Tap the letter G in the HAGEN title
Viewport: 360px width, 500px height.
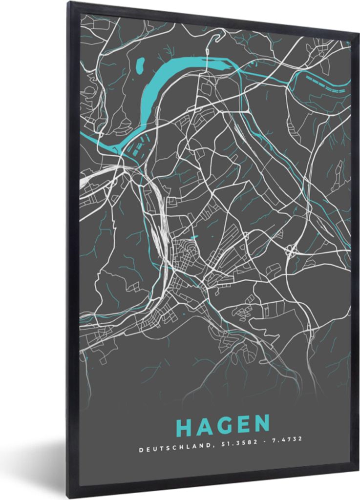(223, 425)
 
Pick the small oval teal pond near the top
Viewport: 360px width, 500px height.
(140, 63)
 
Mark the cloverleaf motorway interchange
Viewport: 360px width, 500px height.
(291, 251)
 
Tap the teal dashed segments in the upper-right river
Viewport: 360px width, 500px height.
(325, 84)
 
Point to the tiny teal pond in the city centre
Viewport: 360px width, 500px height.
(194, 238)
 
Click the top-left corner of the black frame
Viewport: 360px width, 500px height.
(69, 3)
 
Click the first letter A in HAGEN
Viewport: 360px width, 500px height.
(204, 426)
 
